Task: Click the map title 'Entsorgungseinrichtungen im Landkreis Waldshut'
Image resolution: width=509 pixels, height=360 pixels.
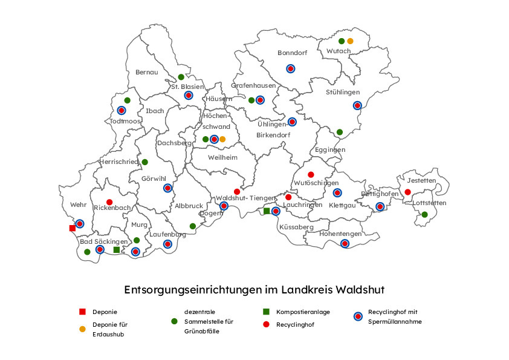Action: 254,290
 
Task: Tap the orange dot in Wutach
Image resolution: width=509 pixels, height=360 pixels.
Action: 350,41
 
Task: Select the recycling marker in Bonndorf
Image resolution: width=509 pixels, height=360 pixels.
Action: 290,68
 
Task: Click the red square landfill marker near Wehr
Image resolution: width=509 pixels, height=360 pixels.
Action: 73,228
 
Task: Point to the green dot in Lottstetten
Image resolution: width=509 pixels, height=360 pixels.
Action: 424,215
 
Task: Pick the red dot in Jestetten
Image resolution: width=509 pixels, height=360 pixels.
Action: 408,192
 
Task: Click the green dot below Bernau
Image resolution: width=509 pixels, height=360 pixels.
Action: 181,77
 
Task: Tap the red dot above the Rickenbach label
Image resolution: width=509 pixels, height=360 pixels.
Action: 109,202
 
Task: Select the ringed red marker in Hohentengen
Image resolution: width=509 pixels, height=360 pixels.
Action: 345,244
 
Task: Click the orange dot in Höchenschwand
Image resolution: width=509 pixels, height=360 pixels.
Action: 222,139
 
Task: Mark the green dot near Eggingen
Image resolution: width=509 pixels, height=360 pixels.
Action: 340,132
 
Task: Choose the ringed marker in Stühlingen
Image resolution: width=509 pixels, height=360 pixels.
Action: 357,105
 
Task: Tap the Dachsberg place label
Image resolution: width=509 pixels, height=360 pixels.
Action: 174,143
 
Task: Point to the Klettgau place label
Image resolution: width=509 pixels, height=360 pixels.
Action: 342,206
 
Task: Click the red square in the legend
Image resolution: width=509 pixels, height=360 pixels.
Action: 82,312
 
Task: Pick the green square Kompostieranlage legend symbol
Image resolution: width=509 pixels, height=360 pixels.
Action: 266,312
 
